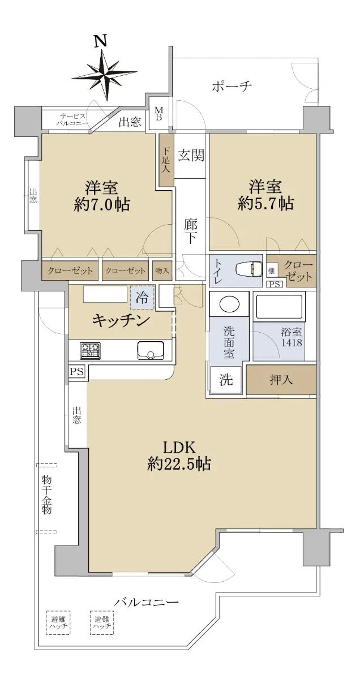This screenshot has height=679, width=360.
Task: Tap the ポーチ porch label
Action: (x=232, y=87)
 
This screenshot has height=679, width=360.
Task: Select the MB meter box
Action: (x=158, y=114)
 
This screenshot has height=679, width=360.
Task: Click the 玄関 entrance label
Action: (x=191, y=156)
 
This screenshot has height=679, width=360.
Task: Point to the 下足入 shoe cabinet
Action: (x=166, y=160)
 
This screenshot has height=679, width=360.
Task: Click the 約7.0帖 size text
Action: (x=102, y=205)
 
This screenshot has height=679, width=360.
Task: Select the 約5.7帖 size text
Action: (x=265, y=204)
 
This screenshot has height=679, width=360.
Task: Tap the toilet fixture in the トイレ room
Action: (x=248, y=269)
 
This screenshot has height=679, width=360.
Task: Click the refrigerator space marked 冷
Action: (x=142, y=298)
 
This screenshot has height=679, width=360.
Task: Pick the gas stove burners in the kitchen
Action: (x=91, y=350)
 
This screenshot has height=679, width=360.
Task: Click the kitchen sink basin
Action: (x=151, y=350)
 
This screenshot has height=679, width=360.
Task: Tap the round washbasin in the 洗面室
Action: (x=229, y=304)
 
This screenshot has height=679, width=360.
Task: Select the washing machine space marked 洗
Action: (x=226, y=380)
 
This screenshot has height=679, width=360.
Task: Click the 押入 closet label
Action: (x=281, y=379)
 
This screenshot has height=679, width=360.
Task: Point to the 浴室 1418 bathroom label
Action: (x=291, y=337)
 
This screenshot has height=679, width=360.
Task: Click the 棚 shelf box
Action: (x=271, y=270)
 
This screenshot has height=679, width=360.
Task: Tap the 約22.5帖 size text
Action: (x=179, y=463)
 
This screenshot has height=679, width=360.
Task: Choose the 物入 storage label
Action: (x=162, y=270)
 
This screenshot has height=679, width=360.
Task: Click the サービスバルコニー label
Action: (x=72, y=120)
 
